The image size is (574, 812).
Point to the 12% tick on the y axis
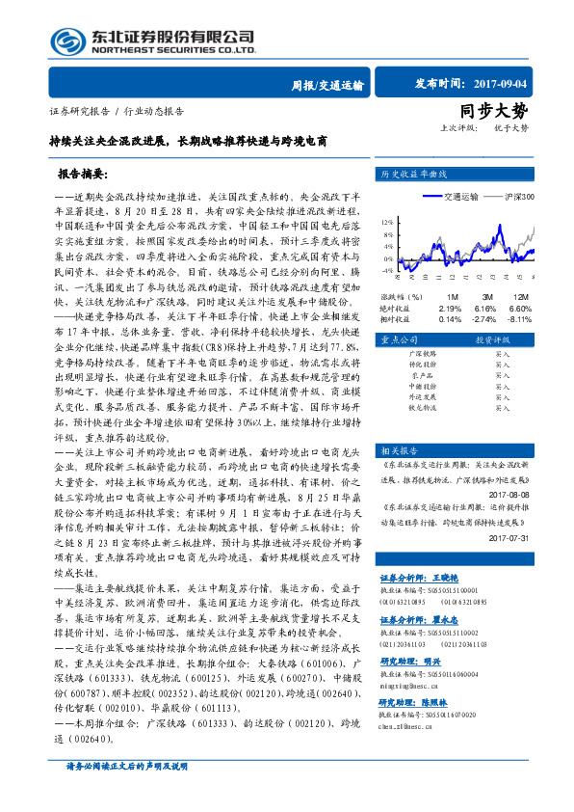click(386, 221)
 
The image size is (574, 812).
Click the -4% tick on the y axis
click(386, 272)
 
